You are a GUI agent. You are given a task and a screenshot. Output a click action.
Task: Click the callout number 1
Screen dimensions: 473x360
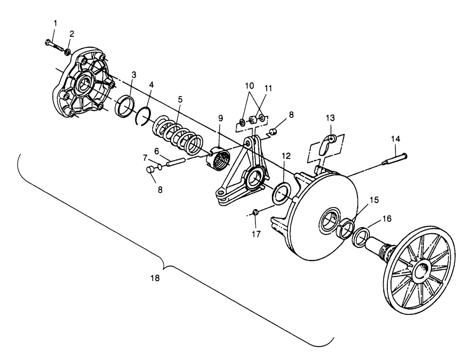[55, 23]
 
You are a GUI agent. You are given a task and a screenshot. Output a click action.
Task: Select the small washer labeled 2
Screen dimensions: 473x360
[68, 52]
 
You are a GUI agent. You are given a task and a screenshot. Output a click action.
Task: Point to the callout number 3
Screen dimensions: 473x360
[134, 75]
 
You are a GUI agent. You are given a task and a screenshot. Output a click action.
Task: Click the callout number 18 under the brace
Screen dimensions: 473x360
[155, 278]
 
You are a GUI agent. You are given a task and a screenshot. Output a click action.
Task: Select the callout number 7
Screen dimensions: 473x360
[145, 158]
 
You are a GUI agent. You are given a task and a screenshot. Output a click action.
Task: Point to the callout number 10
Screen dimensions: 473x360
[249, 86]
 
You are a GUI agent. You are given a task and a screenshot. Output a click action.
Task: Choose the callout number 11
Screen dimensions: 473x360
[268, 88]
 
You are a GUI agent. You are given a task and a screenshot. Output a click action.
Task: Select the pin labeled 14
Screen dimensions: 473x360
[394, 159]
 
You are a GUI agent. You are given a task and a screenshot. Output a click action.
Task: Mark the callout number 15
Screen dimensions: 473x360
[374, 200]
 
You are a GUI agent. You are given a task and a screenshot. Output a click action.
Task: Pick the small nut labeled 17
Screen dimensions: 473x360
[255, 212]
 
